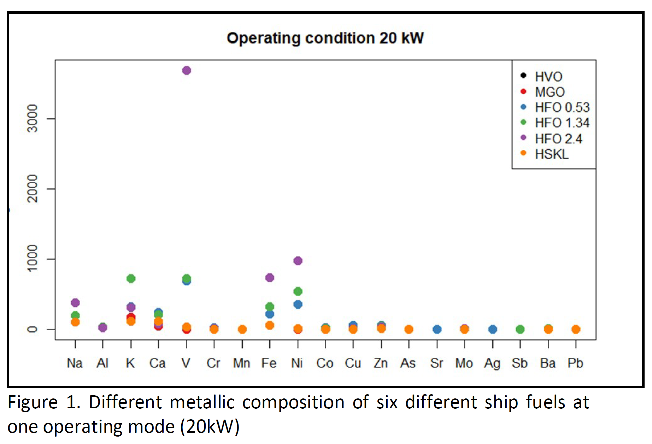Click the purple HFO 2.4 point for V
pyautogui.click(x=187, y=71)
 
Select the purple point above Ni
pyautogui.click(x=298, y=261)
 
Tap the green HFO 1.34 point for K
pyautogui.click(x=131, y=278)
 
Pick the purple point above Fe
pyautogui.click(x=270, y=278)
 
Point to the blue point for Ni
pyautogui.click(x=298, y=304)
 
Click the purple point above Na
pyautogui.click(x=75, y=303)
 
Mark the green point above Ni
pyautogui.click(x=298, y=291)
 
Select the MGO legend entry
pyautogui.click(x=550, y=92)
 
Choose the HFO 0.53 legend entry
pyautogui.click(x=562, y=107)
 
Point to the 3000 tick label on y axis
pyautogui.click(x=33, y=118)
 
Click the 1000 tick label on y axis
pyautogui.click(x=33, y=259)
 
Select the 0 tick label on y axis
pyautogui.click(x=33, y=329)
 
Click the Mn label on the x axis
pyautogui.click(x=242, y=363)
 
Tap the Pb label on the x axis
pyautogui.click(x=575, y=363)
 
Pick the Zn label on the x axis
pyautogui.click(x=381, y=363)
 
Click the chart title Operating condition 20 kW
pyautogui.click(x=325, y=38)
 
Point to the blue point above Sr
pyautogui.click(x=437, y=329)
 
